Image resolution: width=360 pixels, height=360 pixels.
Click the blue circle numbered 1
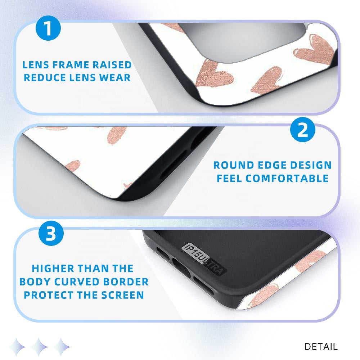[x=48, y=28]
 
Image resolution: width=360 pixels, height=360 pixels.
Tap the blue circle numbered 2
[x=303, y=130]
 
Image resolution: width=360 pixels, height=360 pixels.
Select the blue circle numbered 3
[x=51, y=233]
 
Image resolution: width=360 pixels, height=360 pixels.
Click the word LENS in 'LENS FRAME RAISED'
[x=36, y=65]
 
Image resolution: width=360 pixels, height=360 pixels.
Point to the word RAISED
[x=112, y=65]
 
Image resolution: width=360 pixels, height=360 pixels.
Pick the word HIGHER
[x=53, y=269]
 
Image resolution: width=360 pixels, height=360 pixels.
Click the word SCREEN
[x=123, y=295]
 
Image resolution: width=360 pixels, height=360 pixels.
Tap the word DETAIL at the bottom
[x=321, y=347]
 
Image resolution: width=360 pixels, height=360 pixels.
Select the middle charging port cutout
[x=181, y=268]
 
